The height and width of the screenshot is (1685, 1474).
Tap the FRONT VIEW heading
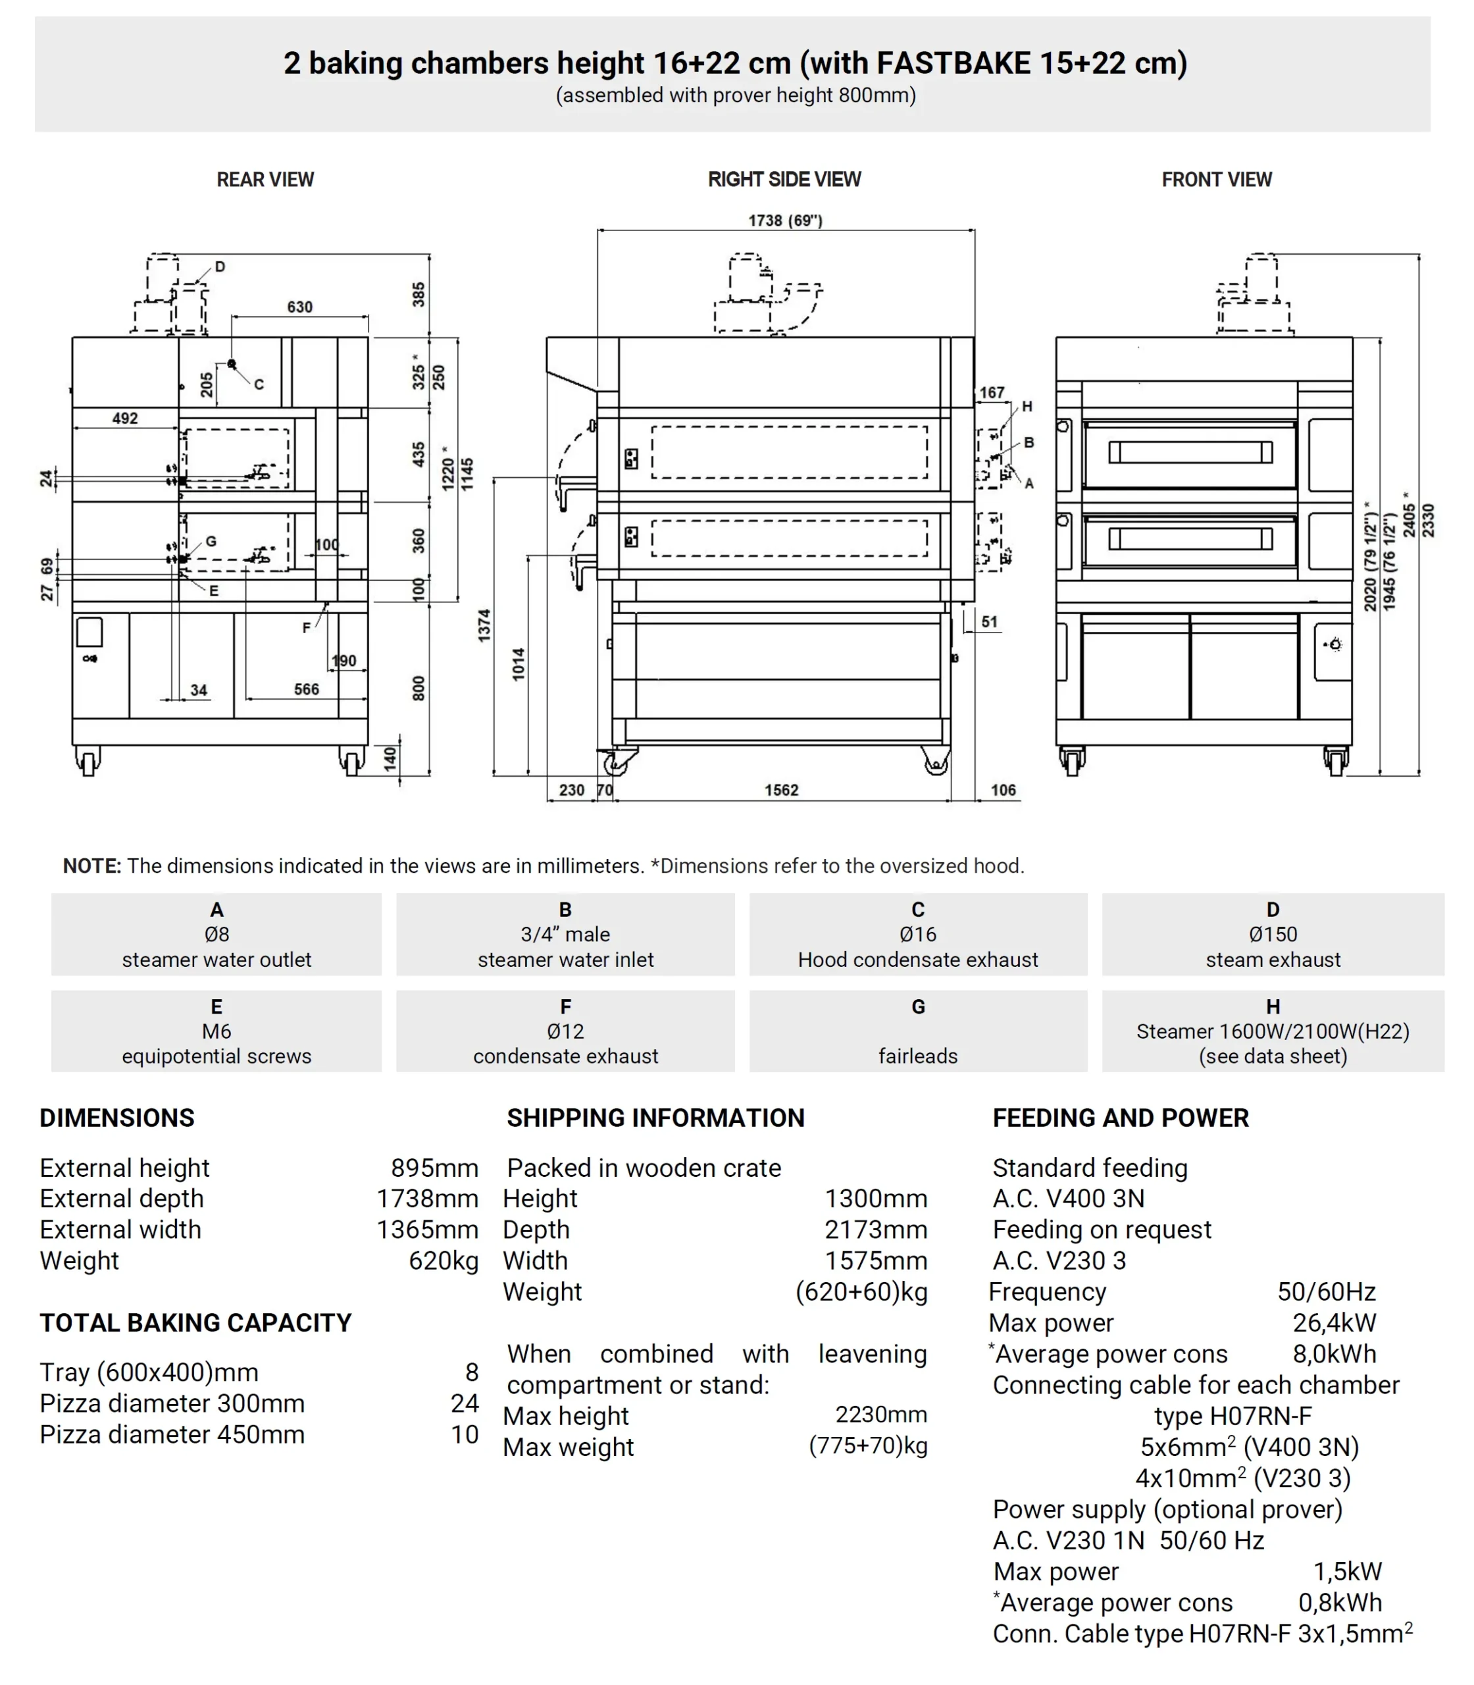1216,179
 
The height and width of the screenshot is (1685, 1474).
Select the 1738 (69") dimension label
784,220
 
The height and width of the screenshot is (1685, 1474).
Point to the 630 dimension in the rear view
299,307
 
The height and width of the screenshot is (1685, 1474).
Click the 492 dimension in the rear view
125,418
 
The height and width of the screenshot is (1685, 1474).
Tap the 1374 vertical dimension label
484,625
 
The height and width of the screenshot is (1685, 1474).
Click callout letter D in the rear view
220,267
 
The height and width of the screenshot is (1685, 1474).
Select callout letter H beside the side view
1027,407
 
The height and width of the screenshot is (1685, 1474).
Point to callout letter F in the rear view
306,628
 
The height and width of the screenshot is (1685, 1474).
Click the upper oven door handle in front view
1190,453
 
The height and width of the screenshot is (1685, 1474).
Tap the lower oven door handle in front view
1190,539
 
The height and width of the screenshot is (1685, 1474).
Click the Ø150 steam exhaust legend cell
1273,935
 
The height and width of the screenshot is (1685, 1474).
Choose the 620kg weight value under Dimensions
444,1260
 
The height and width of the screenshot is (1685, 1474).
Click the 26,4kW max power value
1333,1323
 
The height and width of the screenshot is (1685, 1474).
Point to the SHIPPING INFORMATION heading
655,1118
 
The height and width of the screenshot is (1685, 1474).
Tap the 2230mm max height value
881,1414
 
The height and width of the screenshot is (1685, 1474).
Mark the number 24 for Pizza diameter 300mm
464,1403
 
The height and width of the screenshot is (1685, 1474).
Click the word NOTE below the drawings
91,866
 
